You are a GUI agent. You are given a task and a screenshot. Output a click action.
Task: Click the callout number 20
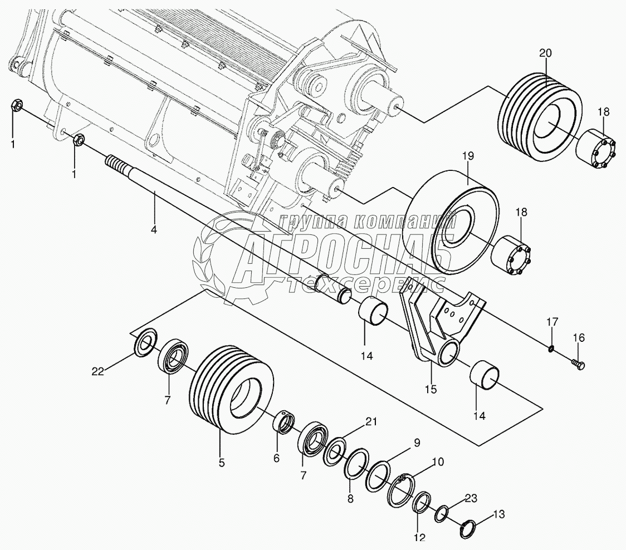pyautogui.click(x=545, y=53)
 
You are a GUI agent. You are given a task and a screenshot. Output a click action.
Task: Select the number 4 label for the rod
pyautogui.click(x=154, y=228)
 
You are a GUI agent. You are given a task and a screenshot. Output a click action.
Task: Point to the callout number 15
pyautogui.click(x=431, y=389)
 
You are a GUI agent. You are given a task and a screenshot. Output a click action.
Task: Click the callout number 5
pyautogui.click(x=222, y=462)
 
